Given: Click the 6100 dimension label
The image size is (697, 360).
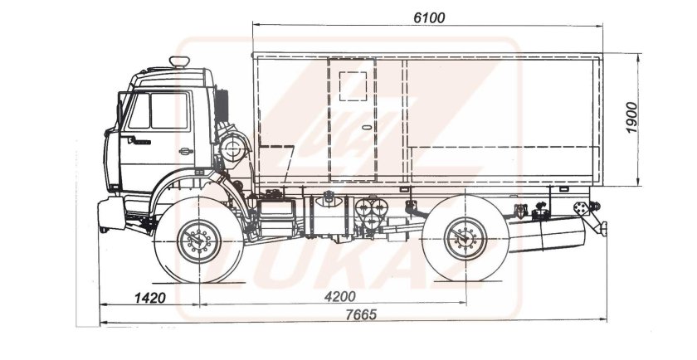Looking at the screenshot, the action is coord(428,17).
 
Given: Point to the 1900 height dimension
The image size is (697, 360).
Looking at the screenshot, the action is coord(631,117).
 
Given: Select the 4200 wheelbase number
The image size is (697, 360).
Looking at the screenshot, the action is coord(340,296).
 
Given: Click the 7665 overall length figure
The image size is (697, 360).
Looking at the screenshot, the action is coord(361,314).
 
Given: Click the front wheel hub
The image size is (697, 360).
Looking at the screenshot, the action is coord(198,241).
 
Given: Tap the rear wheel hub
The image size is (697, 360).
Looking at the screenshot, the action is coord(465,239).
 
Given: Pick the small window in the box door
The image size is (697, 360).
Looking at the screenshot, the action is coord(353,86).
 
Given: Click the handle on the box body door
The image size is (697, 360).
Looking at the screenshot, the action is coord(367,128).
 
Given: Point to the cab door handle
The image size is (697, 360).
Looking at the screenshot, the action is coord(186,151).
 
